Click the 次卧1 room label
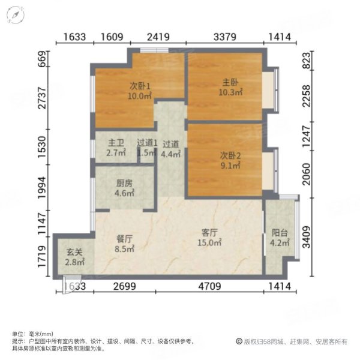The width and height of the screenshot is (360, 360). coord(140,85)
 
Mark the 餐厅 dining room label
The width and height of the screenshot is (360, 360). coord(124,237)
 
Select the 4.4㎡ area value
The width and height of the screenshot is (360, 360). coord(171,153)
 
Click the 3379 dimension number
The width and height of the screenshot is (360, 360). coord(224,37)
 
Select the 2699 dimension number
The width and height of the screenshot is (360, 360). coord(124,286)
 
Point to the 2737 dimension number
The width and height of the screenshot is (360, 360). coord(41,105)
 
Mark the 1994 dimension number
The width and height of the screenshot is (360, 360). coord(41,187)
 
